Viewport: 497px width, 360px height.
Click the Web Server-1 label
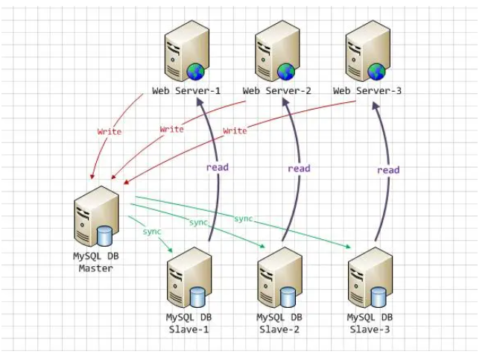coord(186,91)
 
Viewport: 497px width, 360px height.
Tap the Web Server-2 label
coord(276,91)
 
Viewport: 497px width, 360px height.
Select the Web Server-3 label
coord(367,91)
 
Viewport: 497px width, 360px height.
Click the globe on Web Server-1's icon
coord(195,72)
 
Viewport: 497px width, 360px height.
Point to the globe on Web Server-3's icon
coord(376,72)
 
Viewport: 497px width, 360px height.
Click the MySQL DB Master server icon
coord(96,216)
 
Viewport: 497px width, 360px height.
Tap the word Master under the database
coord(95,268)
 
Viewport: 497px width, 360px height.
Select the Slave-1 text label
coord(189,329)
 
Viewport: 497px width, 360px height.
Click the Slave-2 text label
coord(279,329)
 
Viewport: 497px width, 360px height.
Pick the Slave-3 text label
coord(370,329)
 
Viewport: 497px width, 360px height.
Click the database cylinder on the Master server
coord(104,236)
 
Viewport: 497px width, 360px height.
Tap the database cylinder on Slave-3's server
coord(379,297)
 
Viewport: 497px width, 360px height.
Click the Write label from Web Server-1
coord(110,132)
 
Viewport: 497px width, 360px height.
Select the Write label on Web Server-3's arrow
coord(235,130)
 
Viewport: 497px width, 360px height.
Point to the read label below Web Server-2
coord(299,168)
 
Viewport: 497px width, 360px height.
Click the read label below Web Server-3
coord(388,170)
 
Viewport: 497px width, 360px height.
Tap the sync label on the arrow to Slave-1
coord(152,232)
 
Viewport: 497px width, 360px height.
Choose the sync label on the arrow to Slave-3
coord(244,218)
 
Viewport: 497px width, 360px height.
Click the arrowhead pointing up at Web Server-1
coord(200,102)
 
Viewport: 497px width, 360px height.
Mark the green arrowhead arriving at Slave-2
coord(262,246)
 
